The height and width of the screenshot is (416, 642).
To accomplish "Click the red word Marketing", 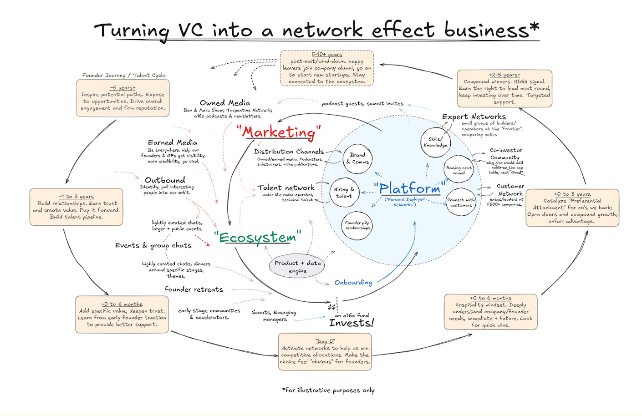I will click(x=279, y=132).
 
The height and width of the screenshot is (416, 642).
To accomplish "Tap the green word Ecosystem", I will click(x=258, y=237).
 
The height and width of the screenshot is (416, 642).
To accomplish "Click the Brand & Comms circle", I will click(x=357, y=158).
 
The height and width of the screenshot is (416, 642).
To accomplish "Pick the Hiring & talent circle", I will click(x=344, y=193).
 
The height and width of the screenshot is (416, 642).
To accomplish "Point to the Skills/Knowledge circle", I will click(x=435, y=142).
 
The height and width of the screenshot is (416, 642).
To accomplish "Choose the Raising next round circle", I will click(x=459, y=170).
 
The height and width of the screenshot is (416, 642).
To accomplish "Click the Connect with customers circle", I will click(x=461, y=203).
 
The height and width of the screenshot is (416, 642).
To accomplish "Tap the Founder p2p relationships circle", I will click(x=357, y=225).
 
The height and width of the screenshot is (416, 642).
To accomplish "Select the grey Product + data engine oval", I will click(x=297, y=267).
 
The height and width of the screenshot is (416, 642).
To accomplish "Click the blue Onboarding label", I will click(x=353, y=283).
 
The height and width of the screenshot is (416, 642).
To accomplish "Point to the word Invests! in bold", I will click(x=351, y=323).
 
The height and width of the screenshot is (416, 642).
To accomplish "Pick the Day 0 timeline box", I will click(x=325, y=351).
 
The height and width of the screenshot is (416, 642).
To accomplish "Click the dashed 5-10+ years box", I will click(x=326, y=68).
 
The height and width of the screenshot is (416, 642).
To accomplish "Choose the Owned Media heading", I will click(x=225, y=103).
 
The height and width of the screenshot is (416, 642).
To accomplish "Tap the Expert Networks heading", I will click(x=474, y=117).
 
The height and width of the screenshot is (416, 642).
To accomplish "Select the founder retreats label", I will click(x=194, y=289).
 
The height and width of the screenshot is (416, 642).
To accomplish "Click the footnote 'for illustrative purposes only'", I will click(x=328, y=390).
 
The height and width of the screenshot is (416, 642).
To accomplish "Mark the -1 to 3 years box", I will click(x=76, y=207).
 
